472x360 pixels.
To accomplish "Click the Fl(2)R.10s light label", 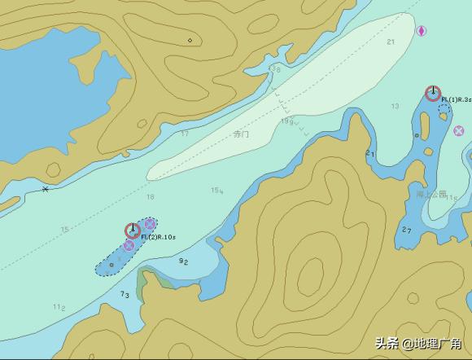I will (x=158, y=237).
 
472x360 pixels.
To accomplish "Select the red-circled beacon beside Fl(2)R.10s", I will (x=132, y=230).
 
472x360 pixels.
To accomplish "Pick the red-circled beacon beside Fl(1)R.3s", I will (x=433, y=93).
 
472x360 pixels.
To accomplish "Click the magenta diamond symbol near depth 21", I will (x=422, y=31).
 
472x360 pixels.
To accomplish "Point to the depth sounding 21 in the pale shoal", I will (x=391, y=42).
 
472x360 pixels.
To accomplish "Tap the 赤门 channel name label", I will (x=241, y=134).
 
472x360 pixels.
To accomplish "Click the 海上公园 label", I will (x=431, y=195).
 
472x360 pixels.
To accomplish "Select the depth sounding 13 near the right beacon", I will (x=395, y=107).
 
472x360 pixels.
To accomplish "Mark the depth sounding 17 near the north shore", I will (x=185, y=134).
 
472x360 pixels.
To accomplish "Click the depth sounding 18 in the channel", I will (x=150, y=197).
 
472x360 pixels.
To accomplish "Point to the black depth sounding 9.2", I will (x=184, y=261).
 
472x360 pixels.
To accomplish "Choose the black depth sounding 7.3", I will (x=125, y=294).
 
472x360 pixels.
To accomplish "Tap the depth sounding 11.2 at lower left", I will (x=59, y=307).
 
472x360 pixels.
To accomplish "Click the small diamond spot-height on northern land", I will (x=190, y=40).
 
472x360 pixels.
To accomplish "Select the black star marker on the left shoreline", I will (x=45, y=190).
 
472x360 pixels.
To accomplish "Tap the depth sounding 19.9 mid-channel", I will (x=286, y=122).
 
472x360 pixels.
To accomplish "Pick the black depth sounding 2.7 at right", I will (x=407, y=230).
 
